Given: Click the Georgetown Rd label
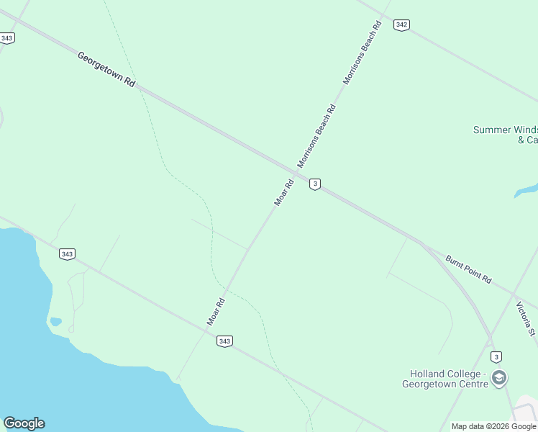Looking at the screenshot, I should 106,69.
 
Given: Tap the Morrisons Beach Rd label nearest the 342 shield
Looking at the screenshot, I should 362,53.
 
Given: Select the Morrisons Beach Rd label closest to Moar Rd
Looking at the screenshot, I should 316,135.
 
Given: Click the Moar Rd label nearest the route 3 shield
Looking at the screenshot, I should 285,193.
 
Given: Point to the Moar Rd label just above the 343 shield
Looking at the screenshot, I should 216,312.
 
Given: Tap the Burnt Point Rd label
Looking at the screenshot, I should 468,269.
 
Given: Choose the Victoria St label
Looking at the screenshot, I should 526,318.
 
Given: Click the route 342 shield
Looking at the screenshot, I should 401,25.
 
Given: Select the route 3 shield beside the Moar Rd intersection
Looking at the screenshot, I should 314,184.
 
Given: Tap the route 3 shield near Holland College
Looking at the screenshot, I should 496,357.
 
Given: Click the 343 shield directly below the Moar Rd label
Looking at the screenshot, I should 224,341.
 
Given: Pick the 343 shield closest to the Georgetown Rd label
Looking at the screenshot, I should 7,38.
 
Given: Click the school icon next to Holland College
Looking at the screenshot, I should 499,378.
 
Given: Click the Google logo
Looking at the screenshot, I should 24,423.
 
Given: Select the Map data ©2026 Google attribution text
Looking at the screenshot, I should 494,426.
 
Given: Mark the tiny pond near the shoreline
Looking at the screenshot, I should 55,321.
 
